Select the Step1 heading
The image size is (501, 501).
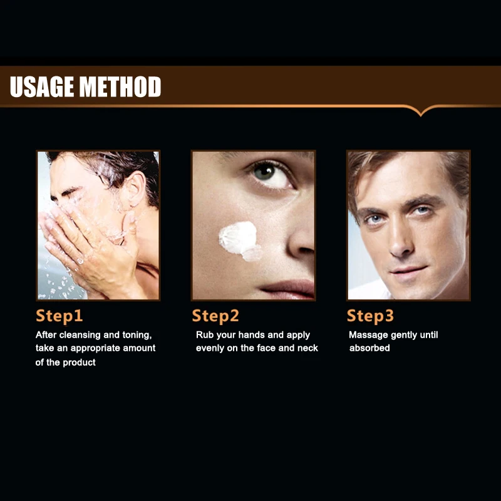click(x=59, y=316)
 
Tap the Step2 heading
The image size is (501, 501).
click(x=215, y=316)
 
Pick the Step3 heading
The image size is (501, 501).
click(x=370, y=316)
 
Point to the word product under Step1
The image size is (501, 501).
click(x=80, y=363)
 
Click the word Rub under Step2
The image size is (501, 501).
click(x=204, y=335)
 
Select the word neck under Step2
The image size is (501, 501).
click(x=307, y=348)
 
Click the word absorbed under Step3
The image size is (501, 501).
click(x=369, y=348)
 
